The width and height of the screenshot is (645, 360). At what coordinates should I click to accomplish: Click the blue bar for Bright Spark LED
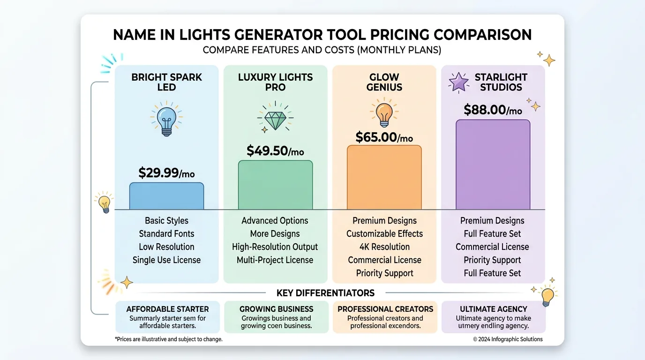click(166, 196)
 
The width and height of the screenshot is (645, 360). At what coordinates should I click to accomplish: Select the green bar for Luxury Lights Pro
click(275, 185)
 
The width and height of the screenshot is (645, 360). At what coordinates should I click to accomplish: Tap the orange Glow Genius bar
click(384, 177)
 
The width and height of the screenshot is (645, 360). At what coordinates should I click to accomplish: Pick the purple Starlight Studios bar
click(493, 165)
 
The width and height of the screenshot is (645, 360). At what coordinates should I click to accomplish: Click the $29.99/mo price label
click(166, 173)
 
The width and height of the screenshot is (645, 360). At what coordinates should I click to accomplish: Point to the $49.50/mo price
click(275, 150)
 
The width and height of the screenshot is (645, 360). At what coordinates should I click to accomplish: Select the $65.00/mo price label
click(384, 137)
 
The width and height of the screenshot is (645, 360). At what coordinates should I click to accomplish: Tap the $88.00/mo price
click(493, 110)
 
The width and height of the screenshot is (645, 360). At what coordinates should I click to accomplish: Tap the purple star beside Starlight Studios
click(458, 82)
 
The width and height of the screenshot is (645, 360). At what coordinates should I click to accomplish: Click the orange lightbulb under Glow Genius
click(384, 114)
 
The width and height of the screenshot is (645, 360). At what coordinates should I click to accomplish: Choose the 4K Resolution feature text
click(384, 247)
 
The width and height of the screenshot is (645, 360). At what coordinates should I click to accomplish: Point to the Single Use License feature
click(166, 260)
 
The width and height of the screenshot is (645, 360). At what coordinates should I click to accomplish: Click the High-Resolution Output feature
click(275, 247)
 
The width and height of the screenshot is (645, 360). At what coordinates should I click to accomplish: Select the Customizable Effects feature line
click(384, 234)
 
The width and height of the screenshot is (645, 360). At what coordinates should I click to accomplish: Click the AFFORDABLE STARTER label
click(167, 309)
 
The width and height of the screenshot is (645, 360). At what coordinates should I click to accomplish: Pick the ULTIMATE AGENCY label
click(493, 309)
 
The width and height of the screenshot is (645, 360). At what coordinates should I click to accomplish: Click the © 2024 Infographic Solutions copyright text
click(508, 339)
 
